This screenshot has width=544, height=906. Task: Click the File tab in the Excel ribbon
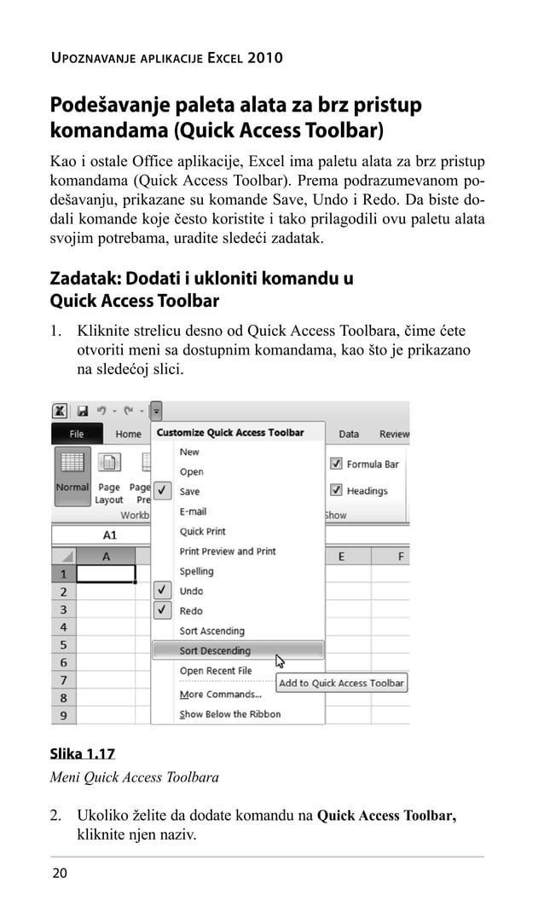point(77,434)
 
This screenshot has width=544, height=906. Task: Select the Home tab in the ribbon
point(128,434)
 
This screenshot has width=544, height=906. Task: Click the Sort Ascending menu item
point(211,632)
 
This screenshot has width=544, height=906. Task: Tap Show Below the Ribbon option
point(229,714)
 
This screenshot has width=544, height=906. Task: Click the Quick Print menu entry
point(202,532)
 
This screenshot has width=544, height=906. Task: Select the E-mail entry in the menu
point(193,511)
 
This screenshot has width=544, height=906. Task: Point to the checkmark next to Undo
point(163,591)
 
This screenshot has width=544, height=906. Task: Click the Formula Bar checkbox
point(336,465)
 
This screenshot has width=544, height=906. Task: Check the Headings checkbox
point(336,491)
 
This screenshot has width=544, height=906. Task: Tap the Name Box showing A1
point(109,536)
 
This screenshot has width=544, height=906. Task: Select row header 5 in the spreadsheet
point(63,645)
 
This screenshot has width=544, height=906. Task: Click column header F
point(400,557)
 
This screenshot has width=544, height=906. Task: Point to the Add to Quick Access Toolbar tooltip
point(341,683)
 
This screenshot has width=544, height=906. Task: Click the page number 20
point(60,873)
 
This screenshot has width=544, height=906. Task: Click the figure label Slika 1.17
point(82,754)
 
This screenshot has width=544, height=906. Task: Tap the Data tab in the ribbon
point(349,434)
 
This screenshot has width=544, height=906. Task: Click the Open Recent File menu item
point(216,671)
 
